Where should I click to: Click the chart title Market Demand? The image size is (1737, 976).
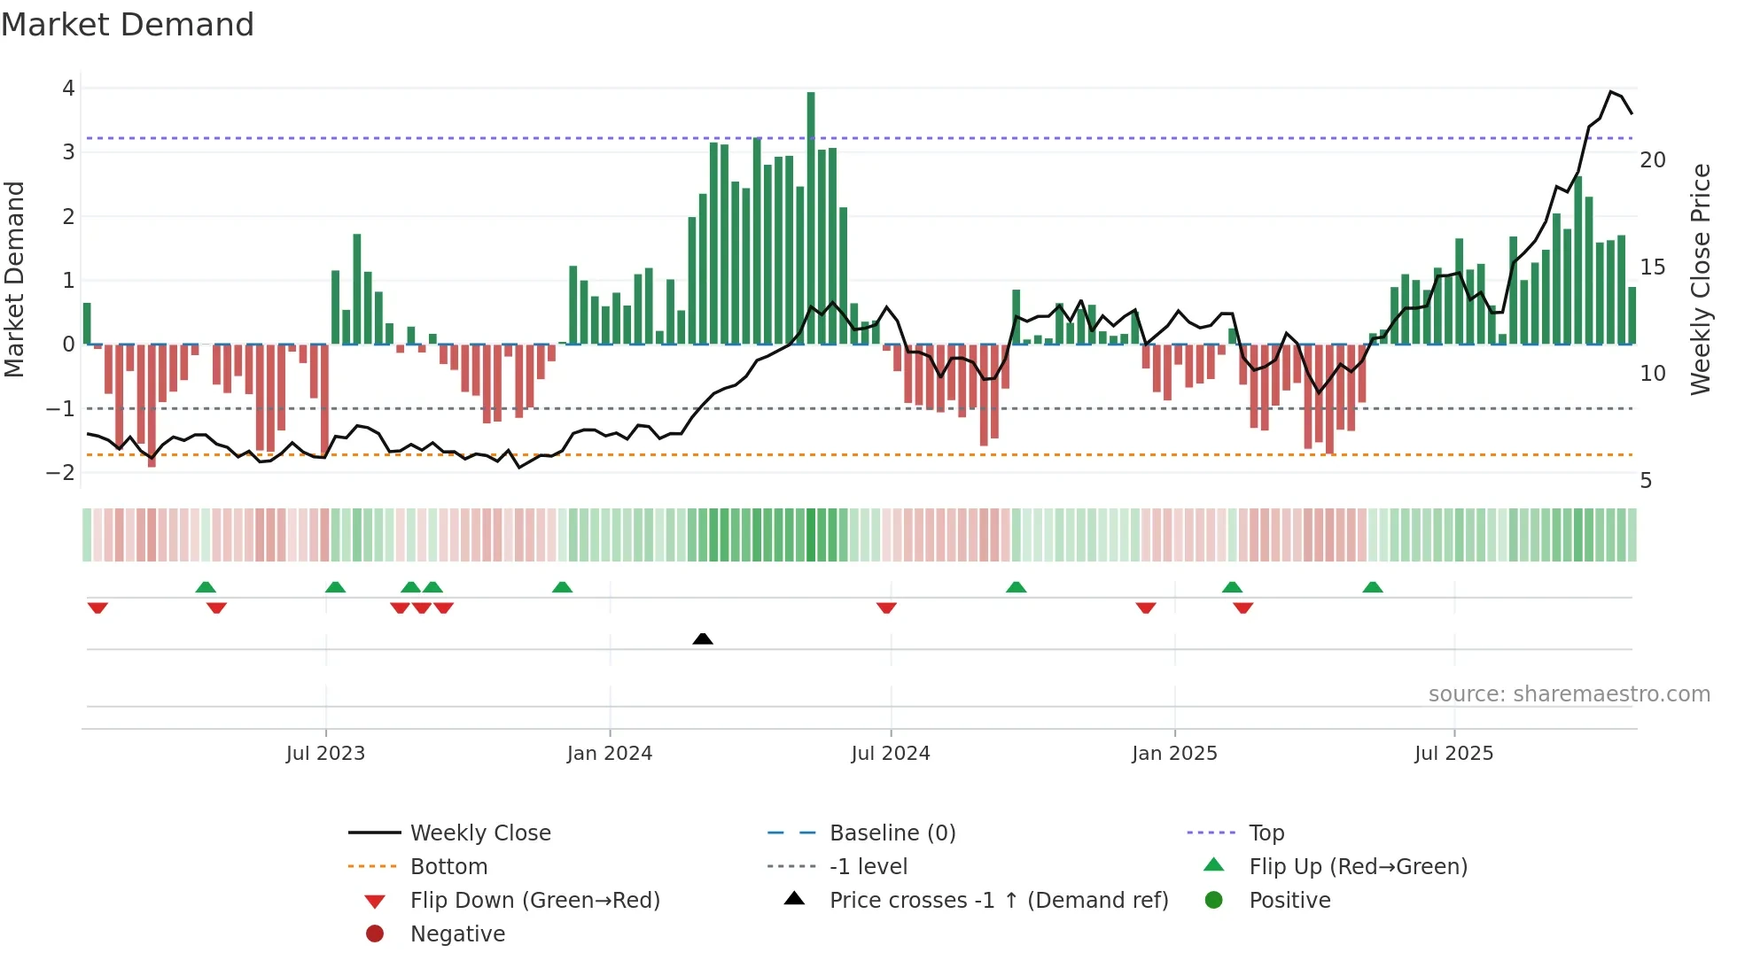(128, 25)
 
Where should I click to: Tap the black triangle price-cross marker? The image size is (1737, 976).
(703, 639)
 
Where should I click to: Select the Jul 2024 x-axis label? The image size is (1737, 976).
(891, 754)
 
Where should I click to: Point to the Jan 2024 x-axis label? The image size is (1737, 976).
(610, 754)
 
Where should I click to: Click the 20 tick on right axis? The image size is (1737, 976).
(1653, 160)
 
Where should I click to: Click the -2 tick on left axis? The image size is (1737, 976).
(60, 473)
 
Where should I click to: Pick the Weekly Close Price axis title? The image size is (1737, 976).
(1700, 279)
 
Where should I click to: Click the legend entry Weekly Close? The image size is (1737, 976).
(479, 833)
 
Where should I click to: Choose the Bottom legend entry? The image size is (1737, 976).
(448, 867)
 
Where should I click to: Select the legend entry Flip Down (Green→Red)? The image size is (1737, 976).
(534, 901)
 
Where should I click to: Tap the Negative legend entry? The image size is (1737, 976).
(457, 934)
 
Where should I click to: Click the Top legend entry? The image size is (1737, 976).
(1266, 833)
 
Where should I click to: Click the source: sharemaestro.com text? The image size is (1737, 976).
(1569, 694)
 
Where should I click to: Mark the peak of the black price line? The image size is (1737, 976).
(1612, 92)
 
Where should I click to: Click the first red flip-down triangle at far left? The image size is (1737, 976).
(97, 608)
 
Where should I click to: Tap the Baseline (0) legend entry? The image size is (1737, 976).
(892, 833)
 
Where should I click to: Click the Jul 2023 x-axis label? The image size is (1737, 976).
(325, 754)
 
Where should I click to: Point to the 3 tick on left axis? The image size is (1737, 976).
(68, 152)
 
